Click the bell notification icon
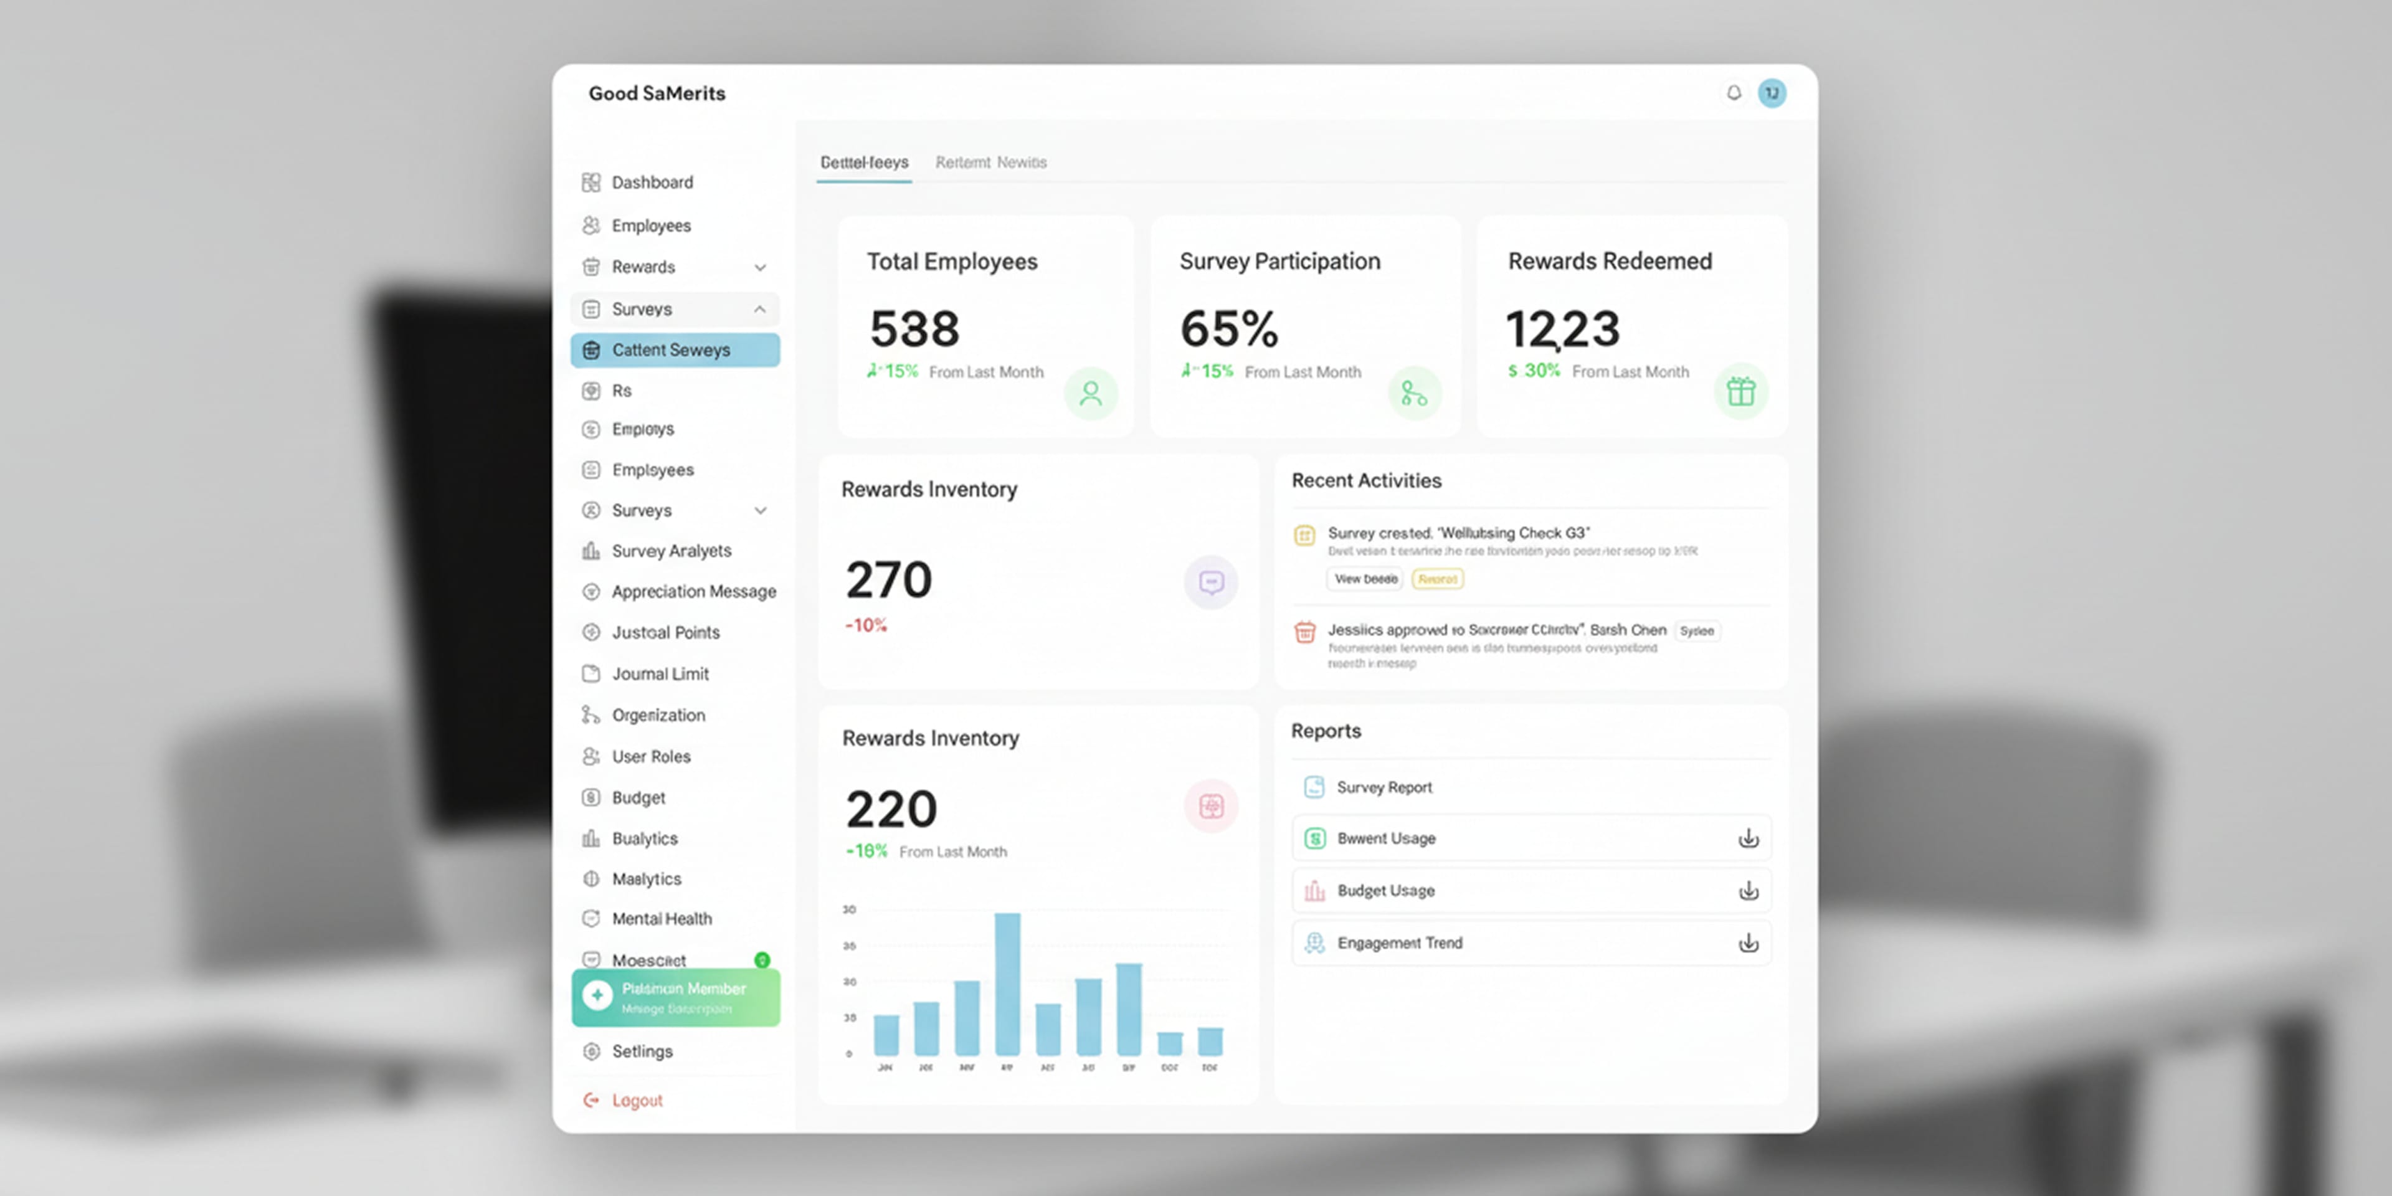[1733, 93]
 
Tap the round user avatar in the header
[1772, 93]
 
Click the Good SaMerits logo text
[657, 93]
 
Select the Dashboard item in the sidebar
[651, 182]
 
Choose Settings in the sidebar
[641, 1051]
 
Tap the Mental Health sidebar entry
[660, 918]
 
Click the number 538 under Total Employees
[914, 329]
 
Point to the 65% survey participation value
[1228, 329]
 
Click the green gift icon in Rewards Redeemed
[1740, 392]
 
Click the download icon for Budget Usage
[1747, 891]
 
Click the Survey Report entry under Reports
[1383, 787]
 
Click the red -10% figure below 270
[865, 626]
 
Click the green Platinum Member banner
[675, 997]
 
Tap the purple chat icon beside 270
[1210, 582]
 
